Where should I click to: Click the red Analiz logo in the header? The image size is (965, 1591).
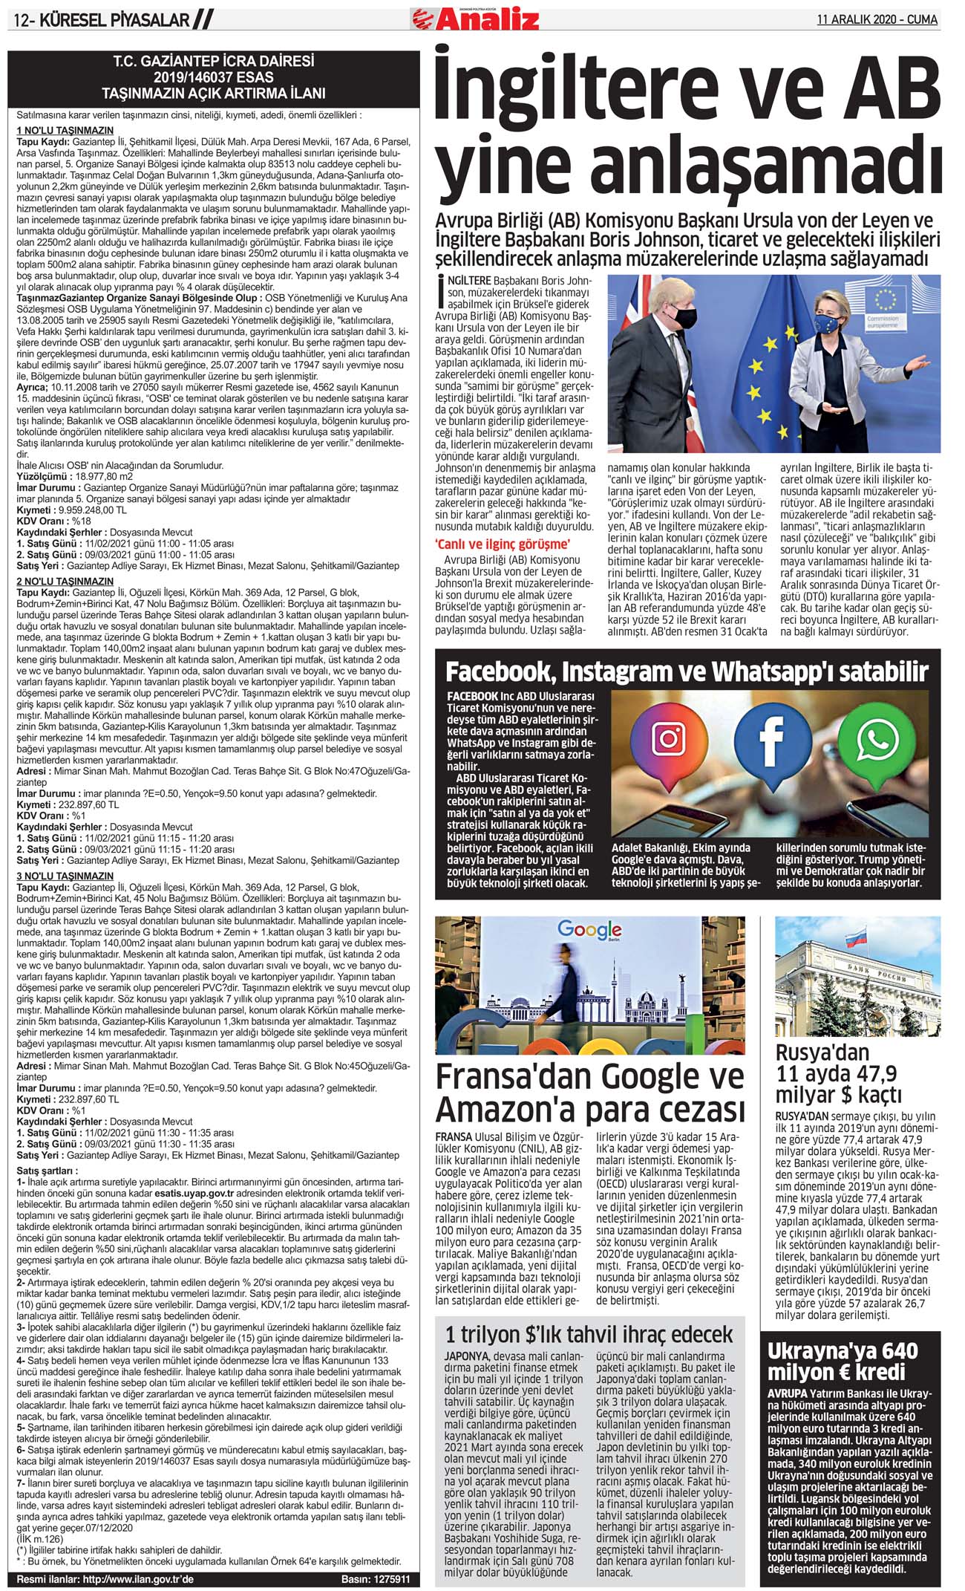click(475, 17)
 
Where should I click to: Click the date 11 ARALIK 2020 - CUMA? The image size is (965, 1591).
click(877, 19)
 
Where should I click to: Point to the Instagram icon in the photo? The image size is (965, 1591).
click(668, 738)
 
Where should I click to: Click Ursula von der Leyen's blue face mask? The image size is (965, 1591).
click(827, 324)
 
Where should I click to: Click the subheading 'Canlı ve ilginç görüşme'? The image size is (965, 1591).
click(503, 544)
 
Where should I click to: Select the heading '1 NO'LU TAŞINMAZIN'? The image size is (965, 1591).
click(65, 131)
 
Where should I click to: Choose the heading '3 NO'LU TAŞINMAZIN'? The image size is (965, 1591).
click(65, 876)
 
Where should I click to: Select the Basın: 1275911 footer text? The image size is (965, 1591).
click(375, 1578)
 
